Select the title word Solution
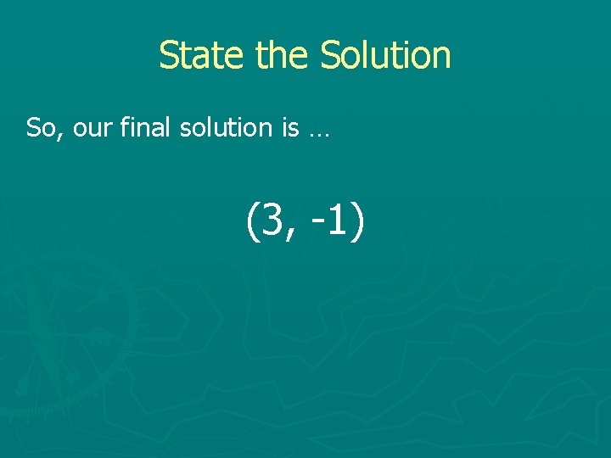(x=385, y=55)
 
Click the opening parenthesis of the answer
(x=252, y=221)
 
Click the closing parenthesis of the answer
(x=357, y=221)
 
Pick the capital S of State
(x=168, y=55)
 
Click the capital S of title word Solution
(x=329, y=55)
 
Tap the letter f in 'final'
(x=124, y=127)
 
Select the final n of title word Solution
(x=441, y=59)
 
